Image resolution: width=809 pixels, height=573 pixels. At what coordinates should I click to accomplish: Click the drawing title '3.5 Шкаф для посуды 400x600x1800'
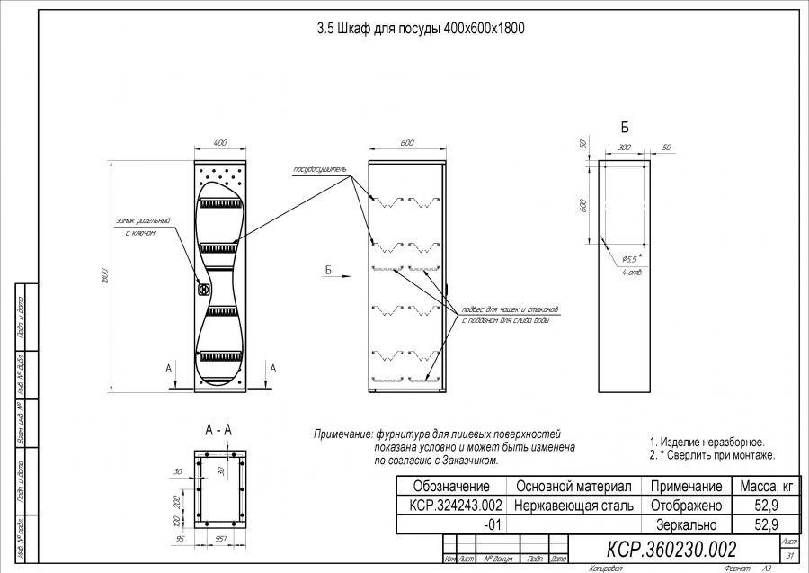coord(420,29)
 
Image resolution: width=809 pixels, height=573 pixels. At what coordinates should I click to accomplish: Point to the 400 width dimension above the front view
coord(219,143)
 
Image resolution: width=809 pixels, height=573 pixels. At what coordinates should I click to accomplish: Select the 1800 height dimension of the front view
coord(105,273)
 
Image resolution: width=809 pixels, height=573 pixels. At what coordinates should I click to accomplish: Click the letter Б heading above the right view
coord(625,127)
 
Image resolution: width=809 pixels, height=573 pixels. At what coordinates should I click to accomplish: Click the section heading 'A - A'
coord(218,430)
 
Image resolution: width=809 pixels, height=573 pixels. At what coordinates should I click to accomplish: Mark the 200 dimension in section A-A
coord(176,500)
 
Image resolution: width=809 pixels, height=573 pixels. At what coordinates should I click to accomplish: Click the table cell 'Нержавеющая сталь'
coord(574,506)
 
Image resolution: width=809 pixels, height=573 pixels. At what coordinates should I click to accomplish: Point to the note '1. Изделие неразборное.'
coord(707,443)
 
